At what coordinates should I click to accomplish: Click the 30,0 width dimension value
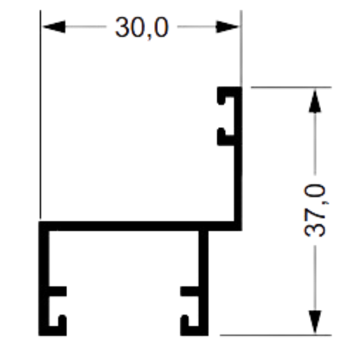tap(142, 27)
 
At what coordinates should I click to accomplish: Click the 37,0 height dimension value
tap(315, 210)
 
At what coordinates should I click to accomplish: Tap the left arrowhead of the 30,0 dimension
tap(54, 27)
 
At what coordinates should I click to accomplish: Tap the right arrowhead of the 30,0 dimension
tap(227, 27)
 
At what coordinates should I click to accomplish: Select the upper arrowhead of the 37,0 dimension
tap(315, 101)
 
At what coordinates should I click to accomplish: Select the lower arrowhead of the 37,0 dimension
tap(315, 322)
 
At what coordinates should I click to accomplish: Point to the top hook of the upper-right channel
tap(226, 95)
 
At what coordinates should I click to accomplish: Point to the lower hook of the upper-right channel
tap(226, 137)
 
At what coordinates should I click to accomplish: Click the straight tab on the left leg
tap(58, 291)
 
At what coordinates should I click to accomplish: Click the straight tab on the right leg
tap(189, 291)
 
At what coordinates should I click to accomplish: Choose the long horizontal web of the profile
tap(140, 226)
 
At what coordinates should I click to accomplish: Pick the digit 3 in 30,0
tap(122, 27)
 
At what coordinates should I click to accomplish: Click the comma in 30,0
tap(149, 36)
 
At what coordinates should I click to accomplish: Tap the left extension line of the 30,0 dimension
tap(41, 114)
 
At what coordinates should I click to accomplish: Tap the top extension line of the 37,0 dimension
tap(291, 87)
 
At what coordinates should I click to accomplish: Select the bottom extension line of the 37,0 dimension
tap(276, 335)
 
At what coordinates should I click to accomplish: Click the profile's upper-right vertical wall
tap(238, 159)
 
